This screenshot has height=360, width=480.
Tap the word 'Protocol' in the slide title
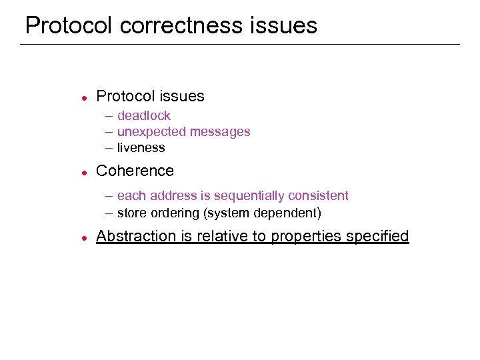coord(70,25)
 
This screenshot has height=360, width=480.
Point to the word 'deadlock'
coord(143,116)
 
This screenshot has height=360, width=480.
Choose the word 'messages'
coord(220,132)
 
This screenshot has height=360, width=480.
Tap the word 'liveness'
coord(141,148)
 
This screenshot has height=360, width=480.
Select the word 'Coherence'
coord(135,171)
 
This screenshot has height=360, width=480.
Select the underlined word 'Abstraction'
coord(137,236)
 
